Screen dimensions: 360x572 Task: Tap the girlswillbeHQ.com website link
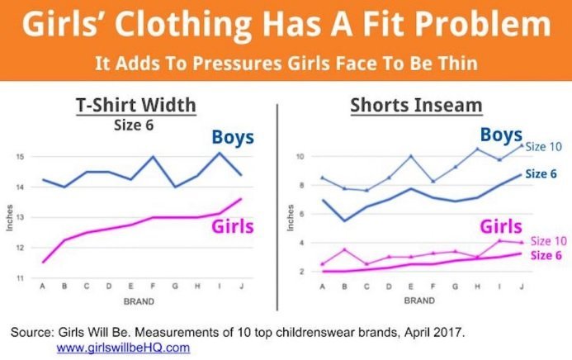pyautogui.click(x=123, y=348)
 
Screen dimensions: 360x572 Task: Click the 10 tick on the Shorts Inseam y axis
pyautogui.click(x=302, y=157)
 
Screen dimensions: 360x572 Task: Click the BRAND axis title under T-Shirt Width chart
pyautogui.click(x=139, y=301)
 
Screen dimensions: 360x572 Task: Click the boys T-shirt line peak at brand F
pyautogui.click(x=152, y=157)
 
